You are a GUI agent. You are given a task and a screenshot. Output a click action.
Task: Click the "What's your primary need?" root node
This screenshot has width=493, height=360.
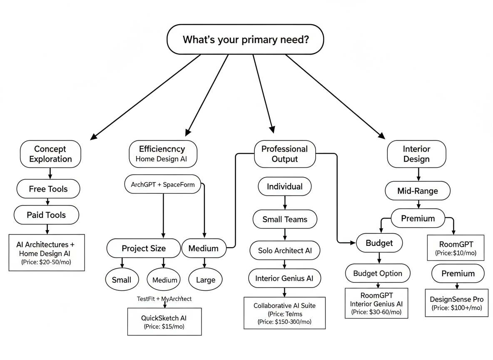[245, 40]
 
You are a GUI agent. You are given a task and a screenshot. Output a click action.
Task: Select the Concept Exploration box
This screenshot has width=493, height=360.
[50, 154]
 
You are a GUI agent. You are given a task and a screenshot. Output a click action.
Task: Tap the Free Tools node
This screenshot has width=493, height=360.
[48, 189]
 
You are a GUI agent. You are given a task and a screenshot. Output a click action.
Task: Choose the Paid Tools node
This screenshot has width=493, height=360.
[46, 215]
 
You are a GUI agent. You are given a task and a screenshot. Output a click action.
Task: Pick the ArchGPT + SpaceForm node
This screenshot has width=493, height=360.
[162, 185]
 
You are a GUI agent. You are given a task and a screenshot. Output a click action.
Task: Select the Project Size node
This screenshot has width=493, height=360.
[144, 248]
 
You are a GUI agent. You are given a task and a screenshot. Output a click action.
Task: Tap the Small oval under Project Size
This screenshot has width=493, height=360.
[122, 280]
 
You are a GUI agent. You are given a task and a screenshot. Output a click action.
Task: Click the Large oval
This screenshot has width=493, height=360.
[205, 280]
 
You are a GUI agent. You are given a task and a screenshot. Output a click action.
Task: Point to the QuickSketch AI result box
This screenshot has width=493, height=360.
[164, 322]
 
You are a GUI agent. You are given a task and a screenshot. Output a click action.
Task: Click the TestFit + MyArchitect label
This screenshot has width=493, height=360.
[164, 299]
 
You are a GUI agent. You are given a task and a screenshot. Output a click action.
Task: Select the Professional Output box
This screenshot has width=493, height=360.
[285, 154]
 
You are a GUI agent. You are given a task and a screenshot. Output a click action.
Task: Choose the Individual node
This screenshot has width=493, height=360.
[285, 186]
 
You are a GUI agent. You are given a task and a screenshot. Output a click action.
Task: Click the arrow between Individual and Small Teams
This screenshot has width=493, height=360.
[285, 202]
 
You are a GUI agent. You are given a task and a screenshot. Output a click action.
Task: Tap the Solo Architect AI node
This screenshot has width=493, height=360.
[285, 250]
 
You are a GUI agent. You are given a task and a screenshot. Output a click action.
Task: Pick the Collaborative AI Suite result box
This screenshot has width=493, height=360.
[284, 313]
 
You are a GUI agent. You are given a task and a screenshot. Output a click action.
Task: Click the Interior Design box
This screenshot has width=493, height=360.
[416, 154]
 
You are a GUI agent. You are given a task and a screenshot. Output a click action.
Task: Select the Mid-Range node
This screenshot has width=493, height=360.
[418, 191]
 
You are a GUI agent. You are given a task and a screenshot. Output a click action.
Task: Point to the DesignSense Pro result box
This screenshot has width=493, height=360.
[456, 303]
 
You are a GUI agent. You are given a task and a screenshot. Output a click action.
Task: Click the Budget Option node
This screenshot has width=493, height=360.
[378, 273]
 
